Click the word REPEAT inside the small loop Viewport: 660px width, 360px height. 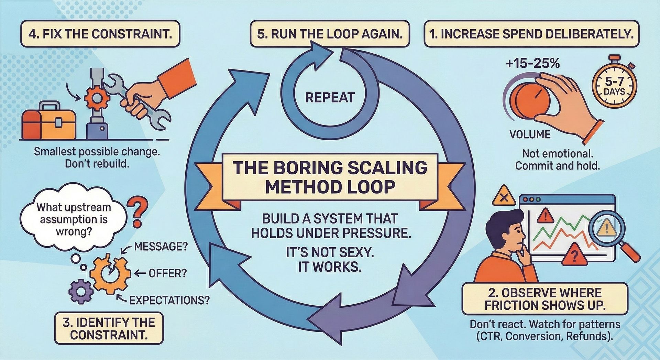(330, 98)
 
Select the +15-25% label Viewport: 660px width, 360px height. (533, 64)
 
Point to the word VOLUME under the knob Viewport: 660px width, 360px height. (530, 134)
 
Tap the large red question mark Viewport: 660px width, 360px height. (137, 213)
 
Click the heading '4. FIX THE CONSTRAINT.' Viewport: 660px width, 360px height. (100, 34)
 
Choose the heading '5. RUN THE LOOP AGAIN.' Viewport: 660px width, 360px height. (330, 34)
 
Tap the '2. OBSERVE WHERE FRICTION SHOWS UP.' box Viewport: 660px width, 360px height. (545, 299)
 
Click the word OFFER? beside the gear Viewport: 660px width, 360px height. (168, 274)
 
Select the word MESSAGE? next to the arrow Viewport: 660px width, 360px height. (161, 247)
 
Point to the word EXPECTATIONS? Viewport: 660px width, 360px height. (169, 301)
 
